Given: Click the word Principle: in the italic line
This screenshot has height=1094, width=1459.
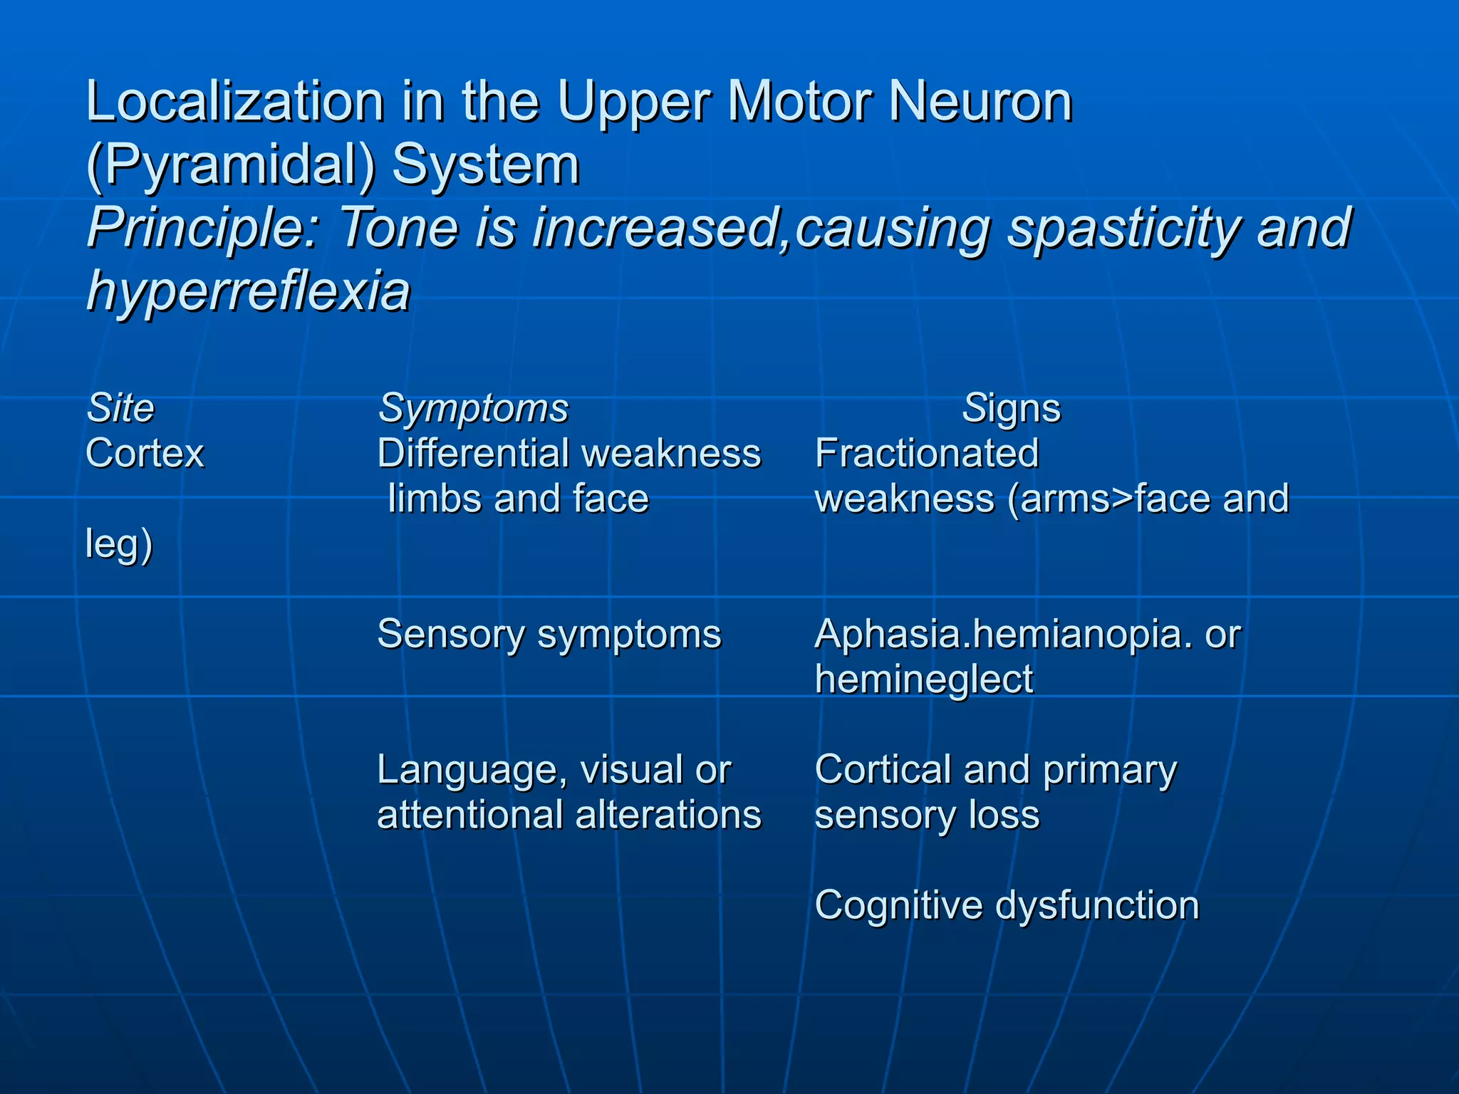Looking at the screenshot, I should pyautogui.click(x=204, y=228).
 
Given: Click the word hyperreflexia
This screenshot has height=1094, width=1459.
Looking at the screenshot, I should pyautogui.click(x=249, y=291).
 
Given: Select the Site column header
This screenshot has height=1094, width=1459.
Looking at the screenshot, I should pyautogui.click(x=120, y=408).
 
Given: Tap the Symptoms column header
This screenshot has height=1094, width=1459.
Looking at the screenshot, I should pyautogui.click(x=473, y=408).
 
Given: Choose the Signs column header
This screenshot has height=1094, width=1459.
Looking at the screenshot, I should pyautogui.click(x=1011, y=408).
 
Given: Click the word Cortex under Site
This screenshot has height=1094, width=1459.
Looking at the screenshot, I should pyautogui.click(x=145, y=453).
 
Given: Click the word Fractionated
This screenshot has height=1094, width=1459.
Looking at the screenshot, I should pyautogui.click(x=927, y=453).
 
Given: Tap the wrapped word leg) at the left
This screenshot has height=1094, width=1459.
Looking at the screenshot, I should pyautogui.click(x=119, y=544).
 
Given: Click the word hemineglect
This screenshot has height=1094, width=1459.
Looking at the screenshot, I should pyautogui.click(x=924, y=679).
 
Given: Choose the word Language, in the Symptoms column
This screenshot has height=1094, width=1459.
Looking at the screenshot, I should pyautogui.click(x=472, y=770).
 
